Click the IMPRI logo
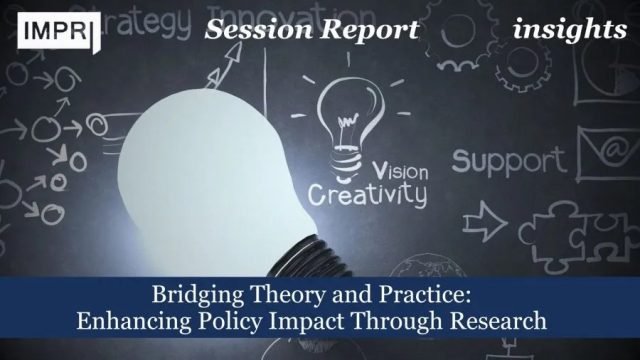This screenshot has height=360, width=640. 54,31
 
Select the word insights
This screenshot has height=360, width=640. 570,30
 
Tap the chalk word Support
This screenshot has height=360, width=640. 508,159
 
